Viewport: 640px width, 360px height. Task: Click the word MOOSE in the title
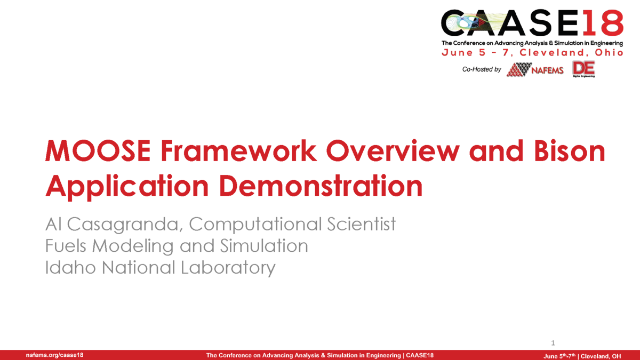pyautogui.click(x=98, y=150)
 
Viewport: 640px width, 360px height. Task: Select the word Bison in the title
pyautogui.click(x=570, y=150)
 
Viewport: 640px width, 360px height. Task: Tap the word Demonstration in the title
pyautogui.click(x=321, y=186)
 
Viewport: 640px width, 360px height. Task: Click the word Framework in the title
pyautogui.click(x=238, y=150)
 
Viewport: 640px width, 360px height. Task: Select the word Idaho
pyautogui.click(x=70, y=267)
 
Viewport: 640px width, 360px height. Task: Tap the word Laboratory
pyautogui.click(x=228, y=268)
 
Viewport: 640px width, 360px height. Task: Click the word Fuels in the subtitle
pyautogui.click(x=66, y=246)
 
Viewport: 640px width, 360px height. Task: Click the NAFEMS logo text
pyautogui.click(x=547, y=70)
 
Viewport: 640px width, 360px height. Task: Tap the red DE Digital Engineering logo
pyautogui.click(x=583, y=69)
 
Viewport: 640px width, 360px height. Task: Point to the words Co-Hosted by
pyautogui.click(x=482, y=69)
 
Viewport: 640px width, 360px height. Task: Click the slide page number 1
pyautogui.click(x=553, y=343)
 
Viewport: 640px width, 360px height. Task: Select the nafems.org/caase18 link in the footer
pyautogui.click(x=54, y=355)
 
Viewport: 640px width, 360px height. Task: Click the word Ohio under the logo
pyautogui.click(x=609, y=53)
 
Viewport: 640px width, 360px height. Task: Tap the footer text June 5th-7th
pyautogui.click(x=559, y=356)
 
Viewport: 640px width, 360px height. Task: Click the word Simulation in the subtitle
pyautogui.click(x=264, y=246)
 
